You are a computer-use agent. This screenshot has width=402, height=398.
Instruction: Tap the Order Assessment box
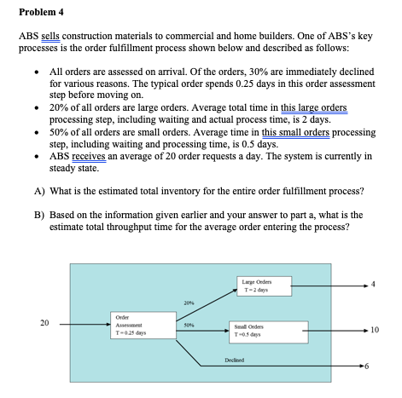pyautogui.click(x=132, y=326)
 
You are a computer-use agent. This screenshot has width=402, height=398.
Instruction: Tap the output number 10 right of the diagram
pyautogui.click(x=387, y=330)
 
